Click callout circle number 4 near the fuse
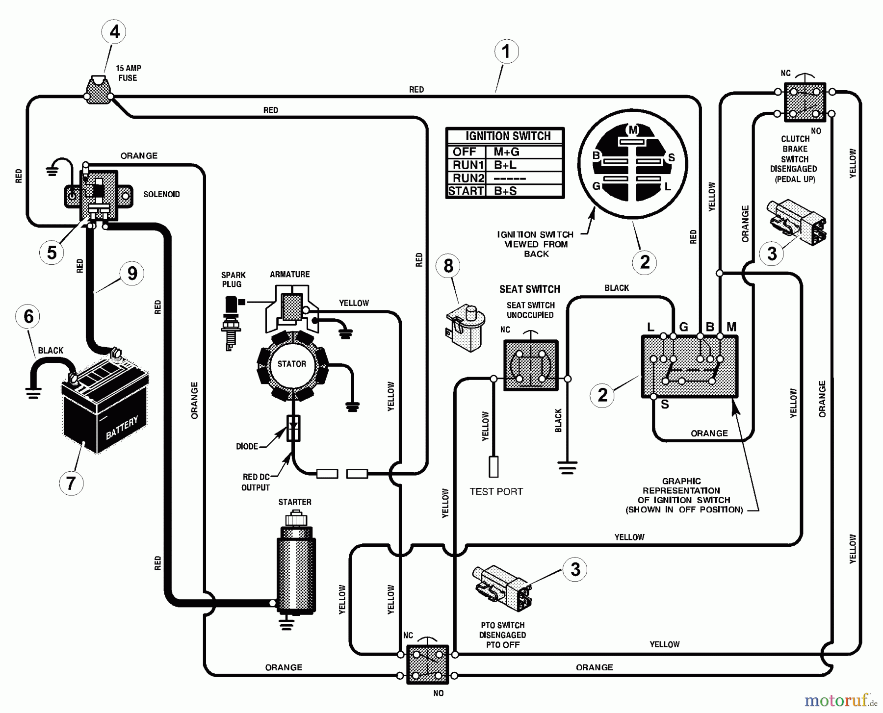tap(114, 32)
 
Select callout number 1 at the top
tap(506, 51)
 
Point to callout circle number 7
tap(71, 483)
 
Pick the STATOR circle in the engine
tap(292, 364)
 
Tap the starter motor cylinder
tap(296, 569)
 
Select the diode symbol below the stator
tap(293, 428)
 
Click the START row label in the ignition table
tap(466, 191)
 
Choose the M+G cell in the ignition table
tap(506, 152)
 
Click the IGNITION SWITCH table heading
tap(508, 136)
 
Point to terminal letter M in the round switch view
tap(633, 130)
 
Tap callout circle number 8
tap(448, 266)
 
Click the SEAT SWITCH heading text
tap(529, 289)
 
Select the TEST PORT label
tap(496, 491)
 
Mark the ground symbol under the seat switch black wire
tap(567, 468)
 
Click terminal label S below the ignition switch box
tap(665, 404)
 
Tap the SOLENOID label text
tap(161, 194)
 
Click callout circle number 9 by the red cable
tap(132, 273)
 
